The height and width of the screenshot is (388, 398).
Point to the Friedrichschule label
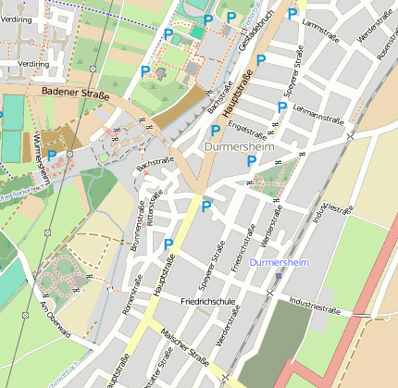click(x=212, y=302)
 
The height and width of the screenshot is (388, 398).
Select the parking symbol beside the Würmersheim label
click(x=52, y=155)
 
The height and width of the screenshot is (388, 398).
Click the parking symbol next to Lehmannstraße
click(x=281, y=107)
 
